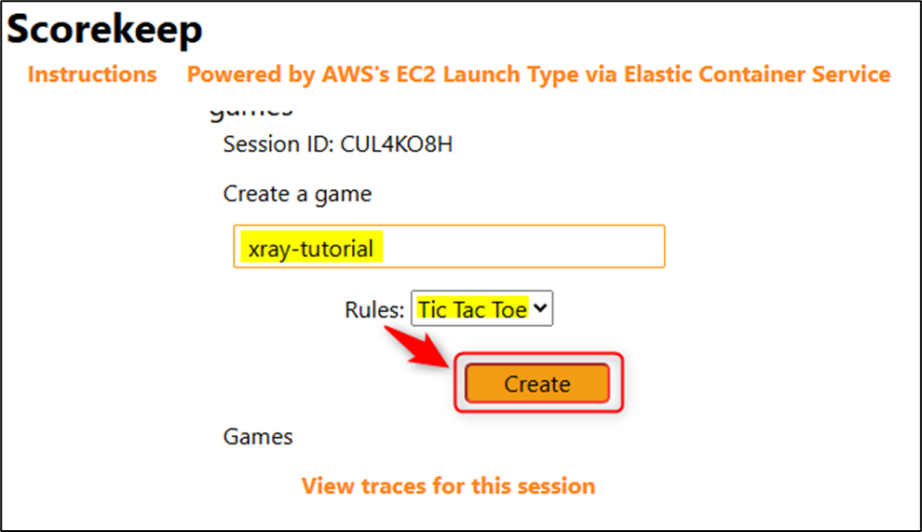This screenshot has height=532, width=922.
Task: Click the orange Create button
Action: [x=536, y=383]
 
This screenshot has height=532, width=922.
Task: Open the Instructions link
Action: [x=92, y=75]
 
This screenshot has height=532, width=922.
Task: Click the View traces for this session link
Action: [x=448, y=485]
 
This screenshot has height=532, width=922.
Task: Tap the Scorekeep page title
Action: [x=105, y=30]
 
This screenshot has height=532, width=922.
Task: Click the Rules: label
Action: [x=375, y=310]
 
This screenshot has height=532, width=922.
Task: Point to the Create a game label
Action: [x=297, y=194]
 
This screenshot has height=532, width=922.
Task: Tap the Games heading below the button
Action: [x=258, y=436]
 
